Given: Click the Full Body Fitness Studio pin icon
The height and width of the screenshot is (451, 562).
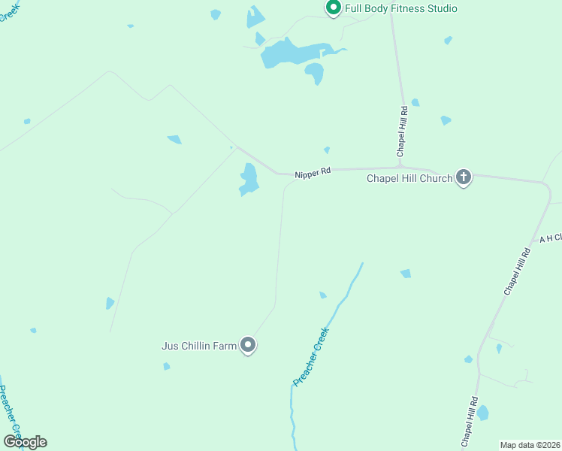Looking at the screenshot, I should point(334,8).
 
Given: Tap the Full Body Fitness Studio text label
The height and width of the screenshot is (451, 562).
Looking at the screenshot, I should point(400,9).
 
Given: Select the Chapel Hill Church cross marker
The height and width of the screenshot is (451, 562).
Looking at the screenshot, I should point(464,177).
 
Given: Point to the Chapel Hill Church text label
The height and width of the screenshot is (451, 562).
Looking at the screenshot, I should point(409,178).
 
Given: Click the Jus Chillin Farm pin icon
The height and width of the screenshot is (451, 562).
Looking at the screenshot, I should point(249,345).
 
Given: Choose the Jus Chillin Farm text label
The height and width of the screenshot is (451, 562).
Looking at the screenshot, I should point(199,346).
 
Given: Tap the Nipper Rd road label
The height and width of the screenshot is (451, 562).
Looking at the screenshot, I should point(313,173).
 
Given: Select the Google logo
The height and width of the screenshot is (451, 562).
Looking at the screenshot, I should point(25,442).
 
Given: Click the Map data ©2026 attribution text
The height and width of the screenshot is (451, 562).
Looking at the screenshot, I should point(530,445).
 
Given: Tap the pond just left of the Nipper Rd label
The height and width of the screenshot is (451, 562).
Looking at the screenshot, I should point(248,180).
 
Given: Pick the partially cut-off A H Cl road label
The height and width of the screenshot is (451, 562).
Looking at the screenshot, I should point(551,238).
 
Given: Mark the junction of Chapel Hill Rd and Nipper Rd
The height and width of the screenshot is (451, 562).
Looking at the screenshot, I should point(400,167).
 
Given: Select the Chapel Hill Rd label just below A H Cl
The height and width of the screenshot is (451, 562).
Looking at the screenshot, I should point(517,271).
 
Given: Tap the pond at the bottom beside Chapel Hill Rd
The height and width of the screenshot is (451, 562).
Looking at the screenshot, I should point(482,413).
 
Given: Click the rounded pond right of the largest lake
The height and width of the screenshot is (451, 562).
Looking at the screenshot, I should point(315,72).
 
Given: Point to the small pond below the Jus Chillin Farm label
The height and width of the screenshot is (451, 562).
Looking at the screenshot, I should point(167,366).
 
